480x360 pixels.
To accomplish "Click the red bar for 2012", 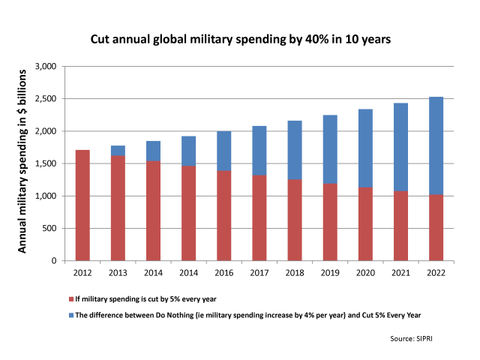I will coord(82,205).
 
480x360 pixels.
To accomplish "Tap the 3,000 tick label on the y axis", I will coord(46,67).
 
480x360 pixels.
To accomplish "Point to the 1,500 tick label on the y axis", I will coord(46,163).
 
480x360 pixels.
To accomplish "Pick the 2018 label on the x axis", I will coord(295,272).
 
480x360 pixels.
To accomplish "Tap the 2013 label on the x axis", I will coord(117,272).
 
